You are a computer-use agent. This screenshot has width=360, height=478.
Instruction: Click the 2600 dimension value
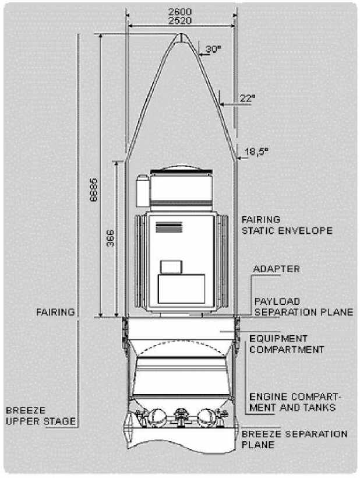180,12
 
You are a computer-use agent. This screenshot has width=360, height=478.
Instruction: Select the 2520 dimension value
180,21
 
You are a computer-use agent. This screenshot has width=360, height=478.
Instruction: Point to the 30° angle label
214,49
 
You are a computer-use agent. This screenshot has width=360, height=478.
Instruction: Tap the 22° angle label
248,98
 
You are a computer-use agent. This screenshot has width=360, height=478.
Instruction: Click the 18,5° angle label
257,152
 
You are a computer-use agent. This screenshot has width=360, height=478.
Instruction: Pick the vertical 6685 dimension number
94,189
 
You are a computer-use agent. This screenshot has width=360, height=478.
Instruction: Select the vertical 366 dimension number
110,238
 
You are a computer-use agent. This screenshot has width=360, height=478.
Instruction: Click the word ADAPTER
277,269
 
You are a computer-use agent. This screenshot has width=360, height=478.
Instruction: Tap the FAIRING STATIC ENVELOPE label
287,225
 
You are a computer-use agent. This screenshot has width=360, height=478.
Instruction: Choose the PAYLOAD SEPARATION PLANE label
303,307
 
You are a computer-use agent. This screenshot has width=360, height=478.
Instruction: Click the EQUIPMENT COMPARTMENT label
287,344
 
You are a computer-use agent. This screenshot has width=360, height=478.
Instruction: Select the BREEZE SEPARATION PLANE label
294,440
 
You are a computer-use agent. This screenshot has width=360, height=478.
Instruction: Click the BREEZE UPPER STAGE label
41,416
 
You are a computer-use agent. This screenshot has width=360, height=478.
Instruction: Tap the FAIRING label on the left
55,312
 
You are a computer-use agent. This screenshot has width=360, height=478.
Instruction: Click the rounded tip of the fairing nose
181,34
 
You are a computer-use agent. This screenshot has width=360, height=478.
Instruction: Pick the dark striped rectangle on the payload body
169,227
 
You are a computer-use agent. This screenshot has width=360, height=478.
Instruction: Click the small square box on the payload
171,267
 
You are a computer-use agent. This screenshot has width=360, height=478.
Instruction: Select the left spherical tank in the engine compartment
157,417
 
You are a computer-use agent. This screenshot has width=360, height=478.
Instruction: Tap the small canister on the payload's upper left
143,191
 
